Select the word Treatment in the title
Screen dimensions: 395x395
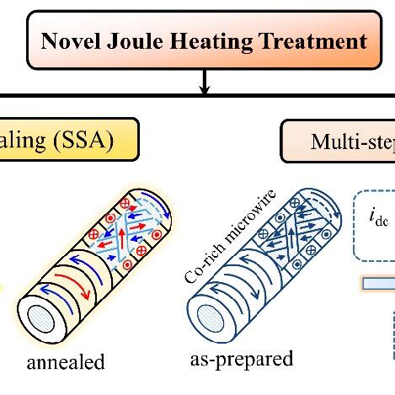(x=306, y=41)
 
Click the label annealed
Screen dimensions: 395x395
(x=67, y=363)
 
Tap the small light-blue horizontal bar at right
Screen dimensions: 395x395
(x=378, y=284)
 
